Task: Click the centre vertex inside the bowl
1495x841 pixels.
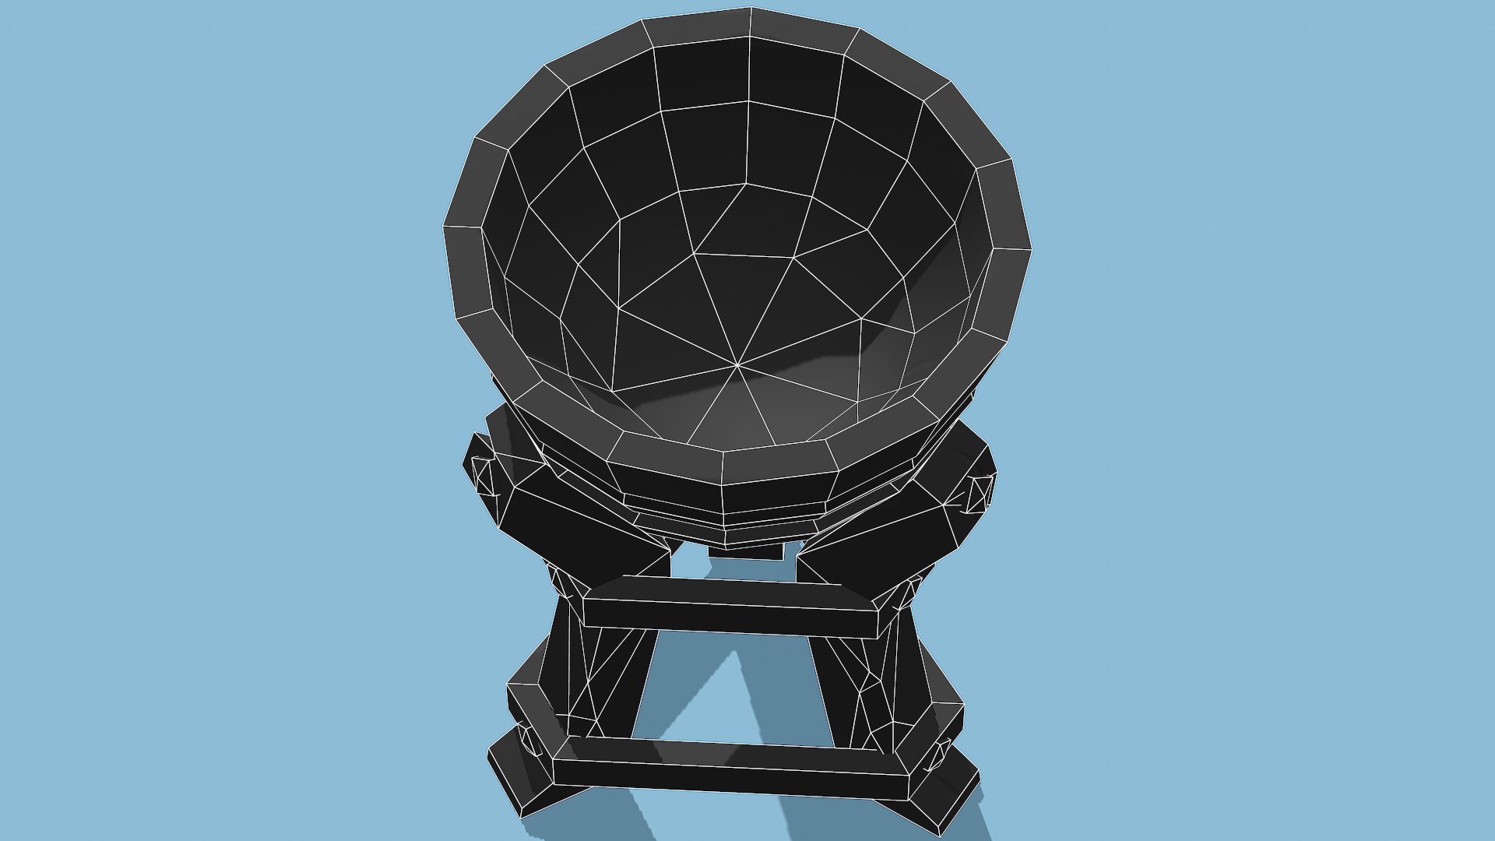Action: [737, 364]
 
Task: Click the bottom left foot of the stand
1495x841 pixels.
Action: [518, 779]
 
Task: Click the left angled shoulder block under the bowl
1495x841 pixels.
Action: [576, 530]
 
